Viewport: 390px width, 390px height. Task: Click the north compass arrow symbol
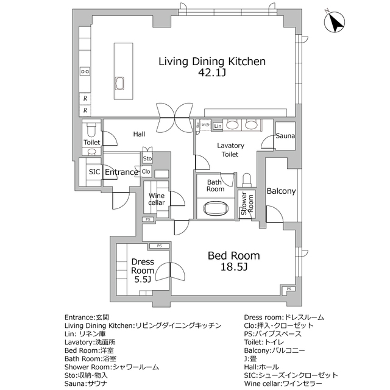(x=334, y=23)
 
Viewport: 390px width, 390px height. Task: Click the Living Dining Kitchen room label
(x=212, y=61)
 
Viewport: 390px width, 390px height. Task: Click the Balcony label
(x=281, y=191)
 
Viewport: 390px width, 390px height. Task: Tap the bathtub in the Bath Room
(x=216, y=210)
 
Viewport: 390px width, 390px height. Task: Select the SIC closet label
(x=94, y=172)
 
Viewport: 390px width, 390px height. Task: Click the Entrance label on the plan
(x=121, y=172)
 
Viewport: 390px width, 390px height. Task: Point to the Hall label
(x=139, y=133)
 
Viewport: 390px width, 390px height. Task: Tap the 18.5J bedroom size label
(x=234, y=267)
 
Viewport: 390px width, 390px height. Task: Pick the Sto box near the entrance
(x=147, y=159)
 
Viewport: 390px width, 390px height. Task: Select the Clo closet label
(x=146, y=172)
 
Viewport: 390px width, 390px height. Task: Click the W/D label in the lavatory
(x=205, y=126)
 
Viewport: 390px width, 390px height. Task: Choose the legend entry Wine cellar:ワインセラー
(x=283, y=385)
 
